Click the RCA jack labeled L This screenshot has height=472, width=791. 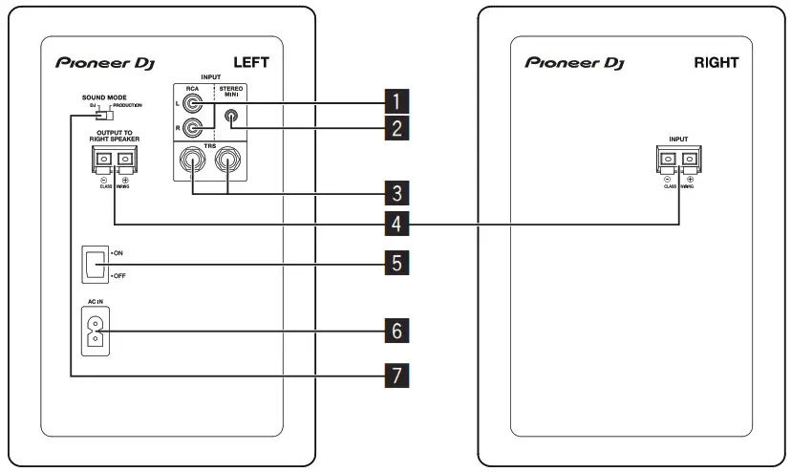pyautogui.click(x=195, y=99)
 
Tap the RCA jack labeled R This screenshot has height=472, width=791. pyautogui.click(x=195, y=128)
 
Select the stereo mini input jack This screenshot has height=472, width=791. pyautogui.click(x=230, y=118)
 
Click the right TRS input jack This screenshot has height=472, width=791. pyautogui.click(x=229, y=161)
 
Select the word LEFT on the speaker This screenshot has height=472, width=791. pyautogui.click(x=251, y=63)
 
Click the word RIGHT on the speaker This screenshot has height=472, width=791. pyautogui.click(x=716, y=63)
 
